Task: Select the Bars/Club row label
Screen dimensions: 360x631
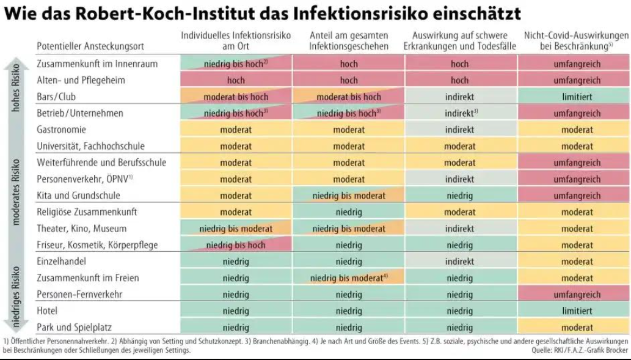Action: click(x=56, y=97)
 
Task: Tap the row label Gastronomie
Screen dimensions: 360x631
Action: click(x=61, y=130)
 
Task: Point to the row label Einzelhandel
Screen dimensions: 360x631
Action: click(x=62, y=261)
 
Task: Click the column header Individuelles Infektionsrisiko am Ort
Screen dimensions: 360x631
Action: click(x=235, y=41)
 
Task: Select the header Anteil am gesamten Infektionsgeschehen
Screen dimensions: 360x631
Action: click(x=348, y=41)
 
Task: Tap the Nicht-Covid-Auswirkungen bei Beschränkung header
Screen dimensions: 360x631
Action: click(x=574, y=41)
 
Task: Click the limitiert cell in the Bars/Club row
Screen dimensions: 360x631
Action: click(x=574, y=97)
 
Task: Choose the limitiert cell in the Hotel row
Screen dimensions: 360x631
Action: click(x=574, y=310)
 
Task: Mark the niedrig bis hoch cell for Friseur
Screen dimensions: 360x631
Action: click(x=235, y=245)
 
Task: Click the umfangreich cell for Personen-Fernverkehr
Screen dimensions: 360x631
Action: click(x=574, y=294)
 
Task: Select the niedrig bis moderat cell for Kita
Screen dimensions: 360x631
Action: click(x=348, y=196)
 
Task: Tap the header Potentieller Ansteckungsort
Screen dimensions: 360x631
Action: click(x=81, y=46)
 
